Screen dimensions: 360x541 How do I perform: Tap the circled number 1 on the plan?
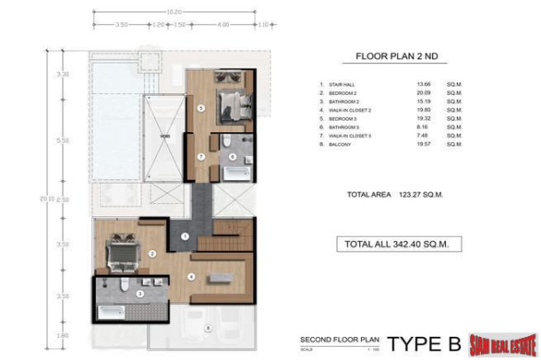click(x=184, y=236)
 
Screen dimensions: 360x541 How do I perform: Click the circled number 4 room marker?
click(x=192, y=275)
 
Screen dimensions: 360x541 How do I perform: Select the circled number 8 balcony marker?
click(x=209, y=329)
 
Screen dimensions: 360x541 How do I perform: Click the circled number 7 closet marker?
click(x=201, y=156)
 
